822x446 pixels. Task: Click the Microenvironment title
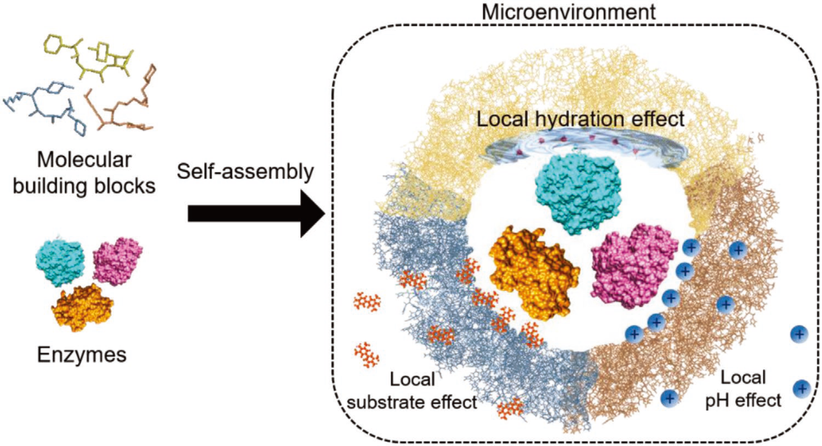569,11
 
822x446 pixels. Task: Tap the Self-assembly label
245,172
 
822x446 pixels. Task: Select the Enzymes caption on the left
82,355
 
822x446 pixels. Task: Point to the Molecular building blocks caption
84,173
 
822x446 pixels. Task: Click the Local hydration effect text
581,119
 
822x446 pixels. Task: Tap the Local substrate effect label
412,391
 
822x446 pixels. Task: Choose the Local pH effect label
743,389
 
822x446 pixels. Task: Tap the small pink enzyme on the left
118,260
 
